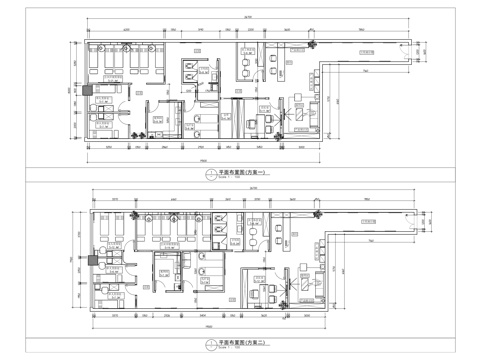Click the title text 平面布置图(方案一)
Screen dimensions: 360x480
243,172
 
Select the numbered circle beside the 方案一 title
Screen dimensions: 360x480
208,173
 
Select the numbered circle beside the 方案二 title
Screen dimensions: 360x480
208,344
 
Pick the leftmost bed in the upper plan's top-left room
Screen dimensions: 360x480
100,67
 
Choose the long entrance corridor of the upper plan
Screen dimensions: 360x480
365,56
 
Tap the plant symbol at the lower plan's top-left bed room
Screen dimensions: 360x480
97,222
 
